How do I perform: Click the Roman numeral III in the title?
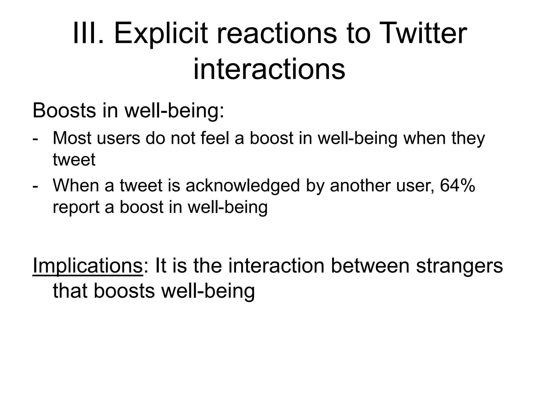[x=87, y=34]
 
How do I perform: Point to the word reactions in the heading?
[x=277, y=34]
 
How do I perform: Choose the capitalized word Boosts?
[x=64, y=110]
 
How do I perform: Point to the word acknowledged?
[x=243, y=186]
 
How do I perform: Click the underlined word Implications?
[x=87, y=266]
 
